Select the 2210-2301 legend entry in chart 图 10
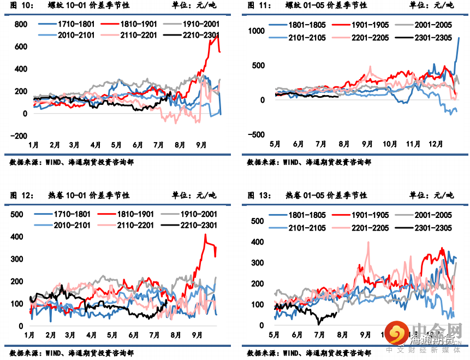186,36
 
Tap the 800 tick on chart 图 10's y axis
21,25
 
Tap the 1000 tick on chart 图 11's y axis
255,31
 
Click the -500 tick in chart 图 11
255,135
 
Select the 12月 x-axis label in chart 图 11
435,144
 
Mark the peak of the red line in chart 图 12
205,234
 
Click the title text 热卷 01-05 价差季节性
326,195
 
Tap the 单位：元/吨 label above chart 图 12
194,195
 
